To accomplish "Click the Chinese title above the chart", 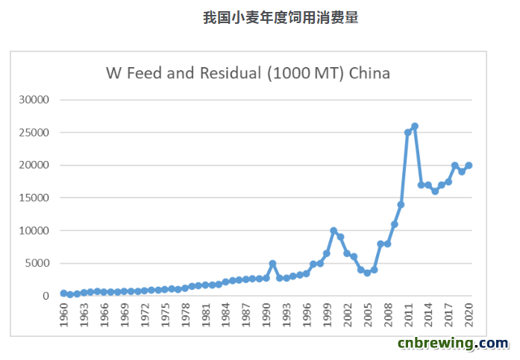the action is tap(281, 18).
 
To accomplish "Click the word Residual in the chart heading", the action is tap(231, 73).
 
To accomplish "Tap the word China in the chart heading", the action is tap(369, 73).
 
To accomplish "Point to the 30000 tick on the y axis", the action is tap(34, 100).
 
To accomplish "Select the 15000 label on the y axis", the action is tap(34, 198).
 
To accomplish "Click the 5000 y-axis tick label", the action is tap(37, 263).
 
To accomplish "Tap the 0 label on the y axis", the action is tap(46, 296).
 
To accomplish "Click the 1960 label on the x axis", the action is tap(63, 315).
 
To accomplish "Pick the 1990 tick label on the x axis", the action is tap(266, 315).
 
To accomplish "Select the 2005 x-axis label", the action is tap(368, 315).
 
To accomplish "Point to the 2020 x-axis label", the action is tap(469, 315).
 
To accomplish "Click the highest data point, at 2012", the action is tap(415, 126).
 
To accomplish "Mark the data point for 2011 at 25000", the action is tap(408, 133).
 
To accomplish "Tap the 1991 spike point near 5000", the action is tap(272, 263).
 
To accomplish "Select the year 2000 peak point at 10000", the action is tap(333, 230).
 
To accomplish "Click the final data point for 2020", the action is tap(469, 165).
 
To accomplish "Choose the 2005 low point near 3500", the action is tap(368, 273).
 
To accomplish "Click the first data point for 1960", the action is tap(63, 293).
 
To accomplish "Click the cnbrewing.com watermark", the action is tap(453, 344).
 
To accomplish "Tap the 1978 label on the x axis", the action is tap(185, 315).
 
